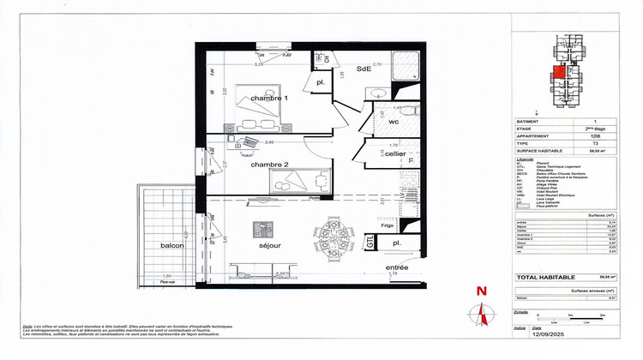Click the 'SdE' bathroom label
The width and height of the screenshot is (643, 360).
[x=363, y=69]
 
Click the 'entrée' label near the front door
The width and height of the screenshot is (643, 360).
[x=396, y=269]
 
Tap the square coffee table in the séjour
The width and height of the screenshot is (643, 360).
[x=261, y=229]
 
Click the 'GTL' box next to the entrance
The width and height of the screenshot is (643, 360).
[x=370, y=243]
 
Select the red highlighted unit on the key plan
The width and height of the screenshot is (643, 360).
[x=558, y=72]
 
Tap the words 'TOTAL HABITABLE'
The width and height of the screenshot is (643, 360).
[x=545, y=278]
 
